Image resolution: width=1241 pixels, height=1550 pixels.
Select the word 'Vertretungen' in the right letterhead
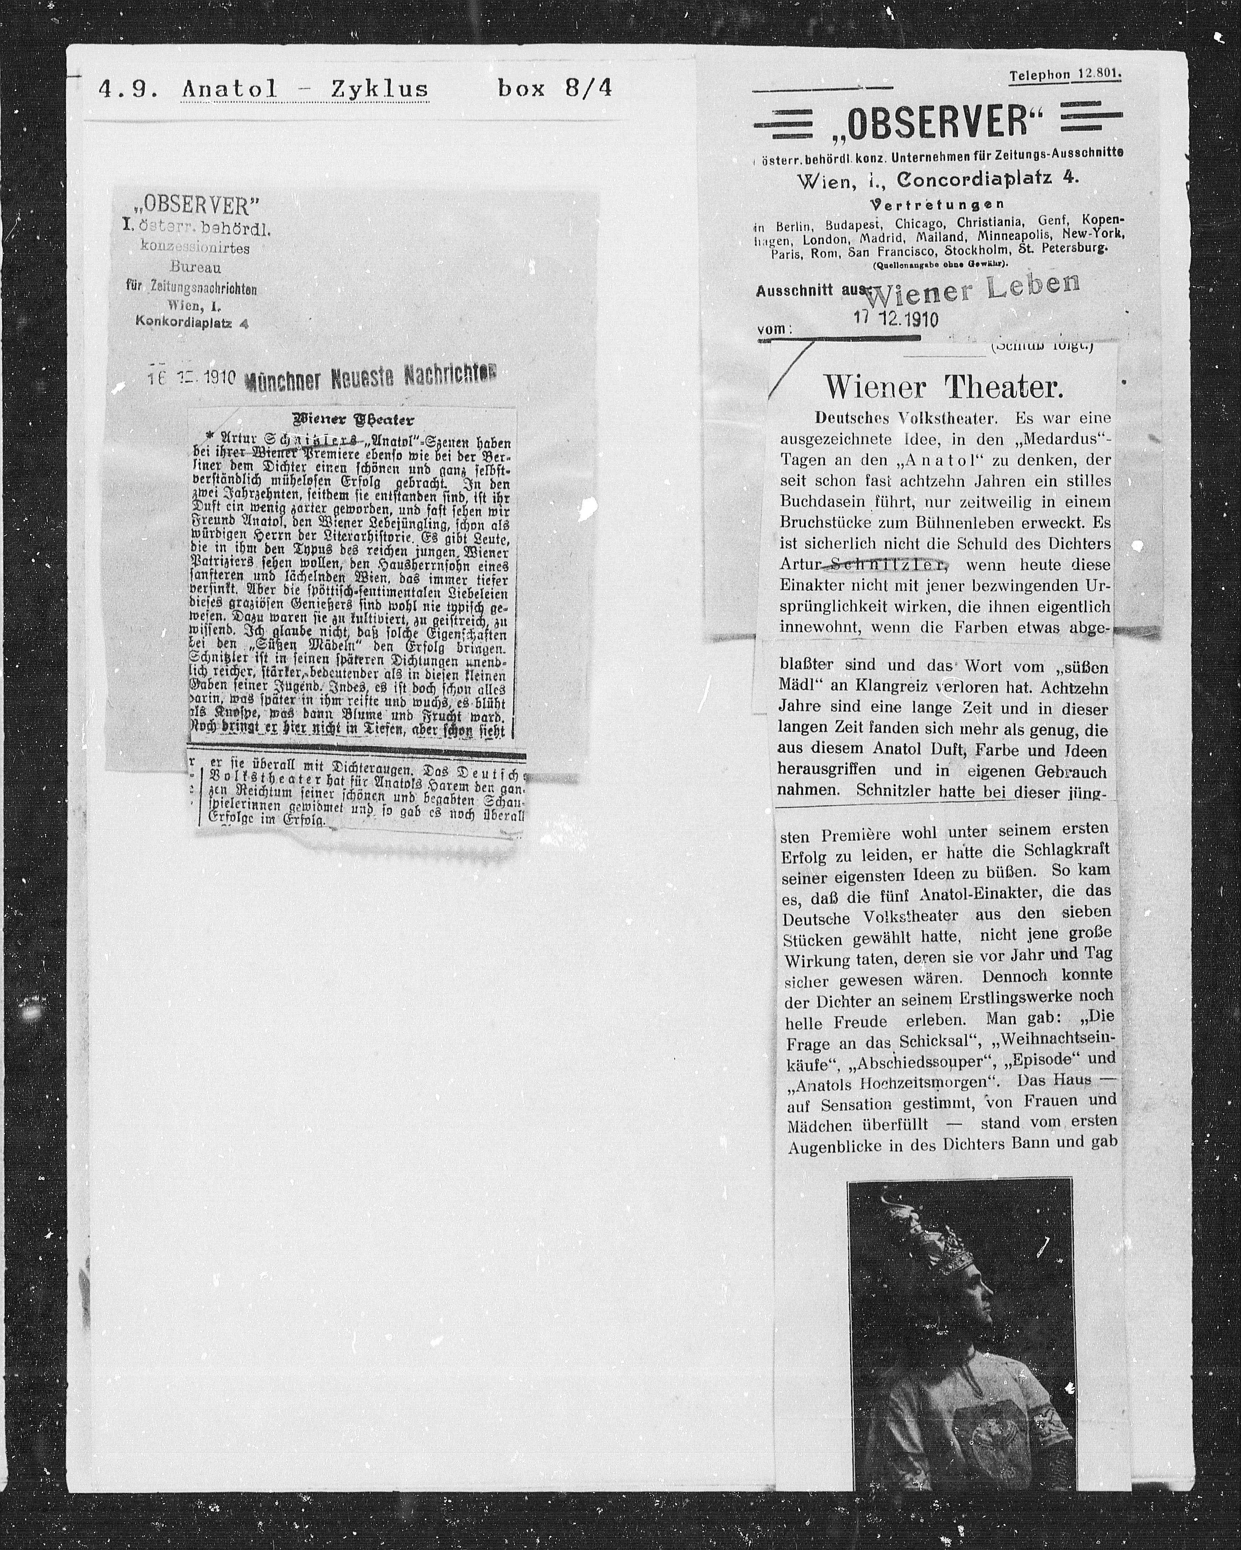pos(937,204)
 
